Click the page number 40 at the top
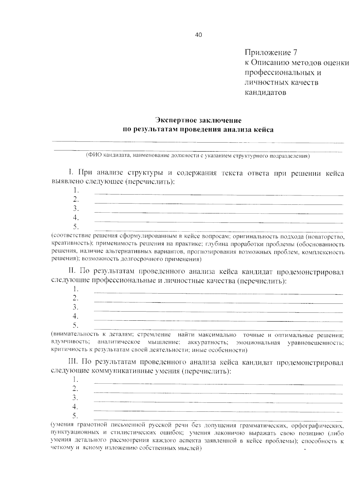pyautogui.click(x=199, y=35)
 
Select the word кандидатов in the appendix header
pyautogui.click(x=265, y=92)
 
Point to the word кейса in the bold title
pyautogui.click(x=264, y=130)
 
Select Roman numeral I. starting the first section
pyautogui.click(x=71, y=172)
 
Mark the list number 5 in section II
pyautogui.click(x=75, y=325)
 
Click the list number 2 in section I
pyautogui.click(x=75, y=199)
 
